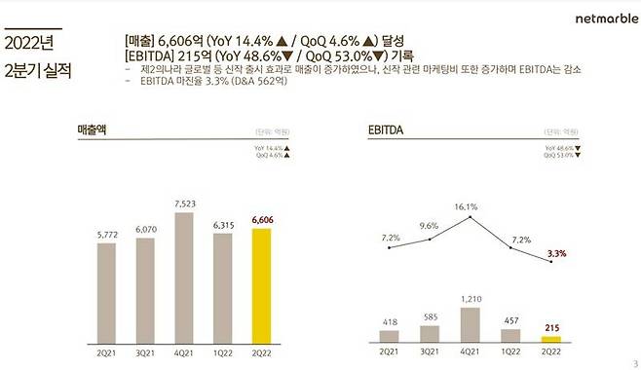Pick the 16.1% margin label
click(466, 206)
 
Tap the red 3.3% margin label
click(555, 253)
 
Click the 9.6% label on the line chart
click(430, 226)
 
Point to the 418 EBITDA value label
click(389, 320)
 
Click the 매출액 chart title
click(93, 129)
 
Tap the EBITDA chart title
click(387, 129)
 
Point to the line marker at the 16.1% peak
click(471, 217)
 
